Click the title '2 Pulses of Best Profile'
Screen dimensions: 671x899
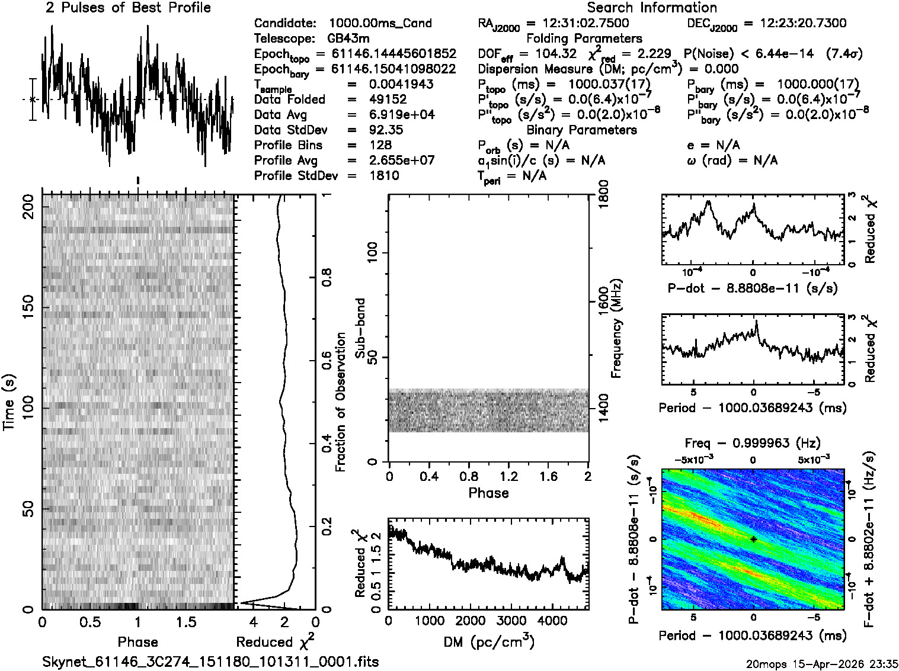[128, 8]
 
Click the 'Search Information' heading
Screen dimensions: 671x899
[652, 8]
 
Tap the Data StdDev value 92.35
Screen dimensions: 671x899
[385, 130]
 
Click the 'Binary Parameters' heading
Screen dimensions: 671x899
[581, 130]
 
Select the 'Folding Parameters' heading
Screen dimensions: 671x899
[584, 38]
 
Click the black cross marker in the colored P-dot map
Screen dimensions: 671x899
[753, 539]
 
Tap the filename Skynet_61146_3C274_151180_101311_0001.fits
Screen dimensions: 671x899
[210, 662]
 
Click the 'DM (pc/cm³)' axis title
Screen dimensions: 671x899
[489, 641]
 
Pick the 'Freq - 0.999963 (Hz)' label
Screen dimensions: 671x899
[753, 443]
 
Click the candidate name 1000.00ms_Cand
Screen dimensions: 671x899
[380, 23]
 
